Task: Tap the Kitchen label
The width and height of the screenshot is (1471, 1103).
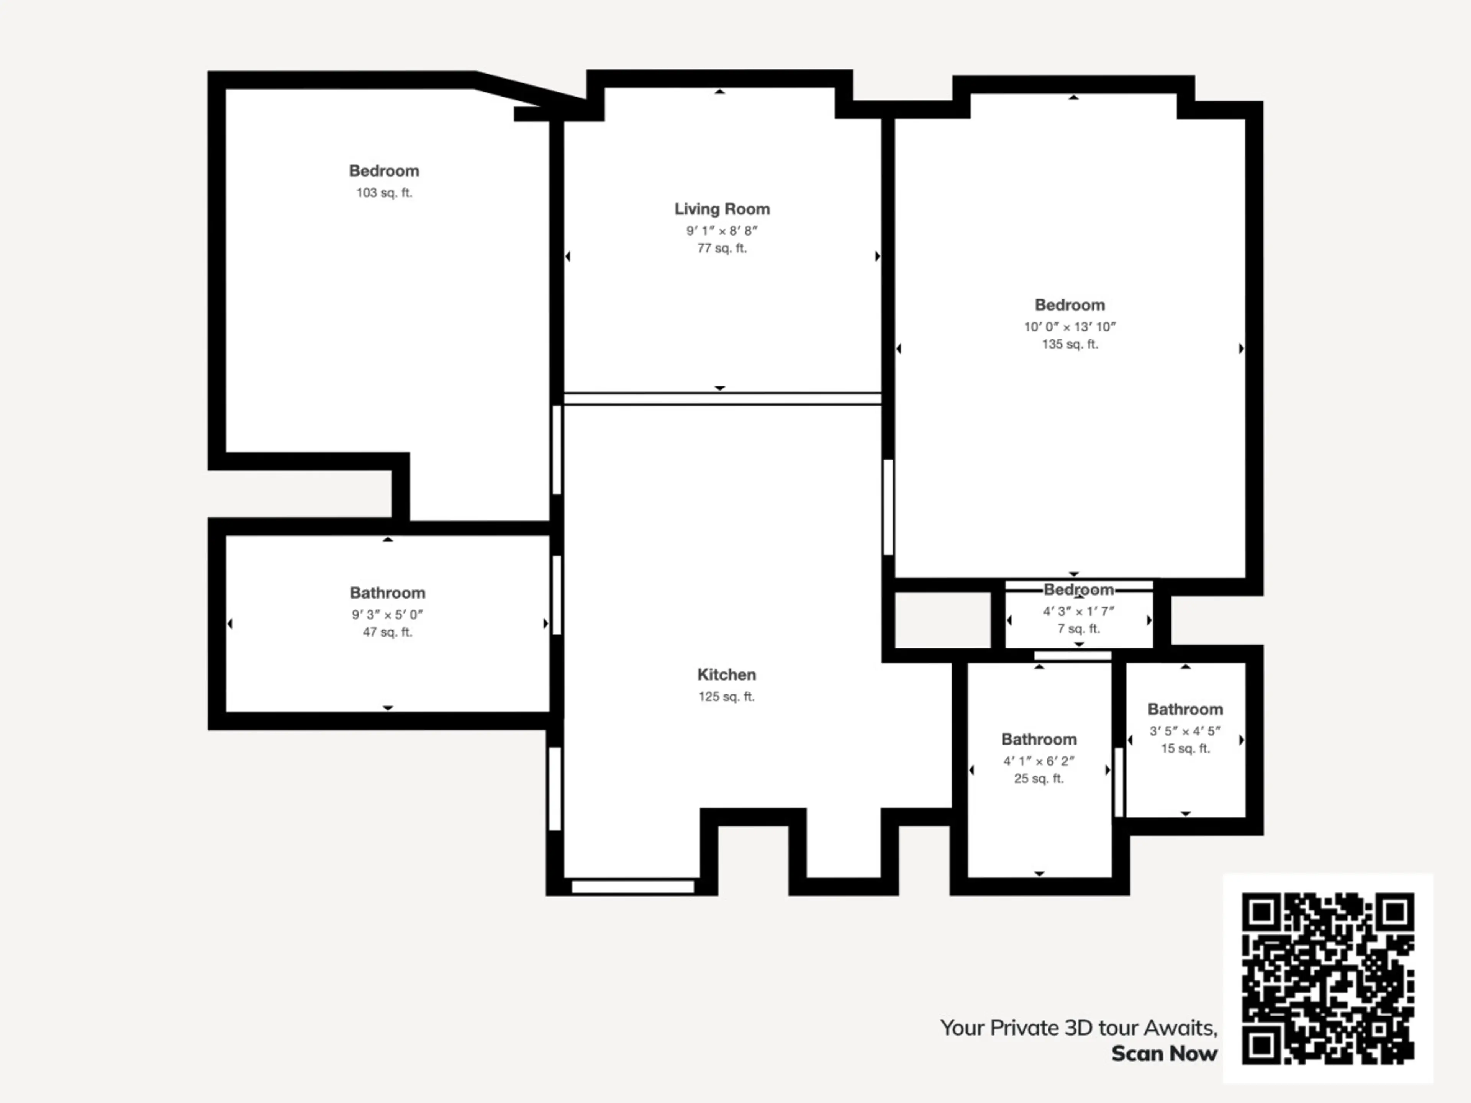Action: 726,675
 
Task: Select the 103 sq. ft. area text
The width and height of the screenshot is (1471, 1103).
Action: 384,193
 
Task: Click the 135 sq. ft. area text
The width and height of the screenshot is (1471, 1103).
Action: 1070,344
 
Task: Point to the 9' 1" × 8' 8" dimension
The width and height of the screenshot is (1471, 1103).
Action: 722,231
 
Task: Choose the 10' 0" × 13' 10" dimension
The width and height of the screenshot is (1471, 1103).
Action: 1070,327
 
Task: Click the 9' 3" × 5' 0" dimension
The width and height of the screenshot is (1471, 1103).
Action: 388,615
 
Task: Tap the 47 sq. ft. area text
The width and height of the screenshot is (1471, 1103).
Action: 388,632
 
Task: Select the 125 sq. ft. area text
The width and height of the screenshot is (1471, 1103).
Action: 727,697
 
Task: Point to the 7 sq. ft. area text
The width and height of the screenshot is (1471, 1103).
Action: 1079,629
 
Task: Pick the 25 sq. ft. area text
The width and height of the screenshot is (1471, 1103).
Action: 1039,779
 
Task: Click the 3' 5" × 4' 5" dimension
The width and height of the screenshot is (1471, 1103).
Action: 1186,732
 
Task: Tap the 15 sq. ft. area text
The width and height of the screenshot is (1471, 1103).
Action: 1186,749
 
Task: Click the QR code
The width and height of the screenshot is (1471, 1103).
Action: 1328,978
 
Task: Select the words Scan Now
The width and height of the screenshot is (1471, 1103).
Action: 1165,1054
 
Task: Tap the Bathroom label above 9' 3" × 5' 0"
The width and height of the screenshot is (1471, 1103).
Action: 388,593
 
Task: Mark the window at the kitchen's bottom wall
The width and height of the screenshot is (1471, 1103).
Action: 633,887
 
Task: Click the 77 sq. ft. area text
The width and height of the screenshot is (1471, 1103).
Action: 722,249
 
